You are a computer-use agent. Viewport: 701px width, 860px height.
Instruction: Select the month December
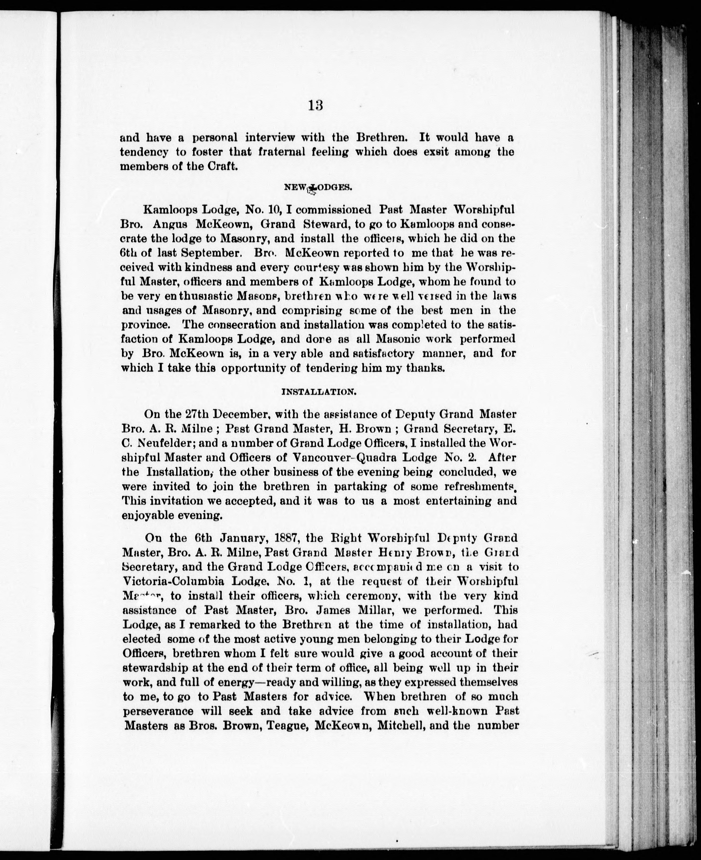pyautogui.click(x=238, y=414)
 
